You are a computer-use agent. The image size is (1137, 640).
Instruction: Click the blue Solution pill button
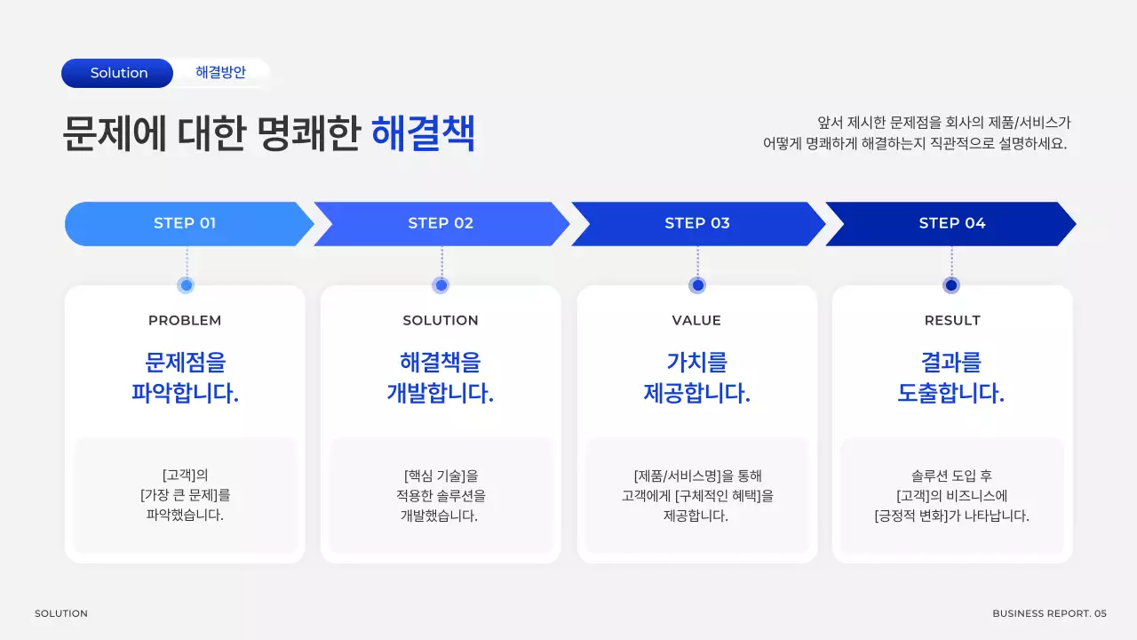(118, 73)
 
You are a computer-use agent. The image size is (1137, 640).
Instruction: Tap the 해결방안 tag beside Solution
(220, 73)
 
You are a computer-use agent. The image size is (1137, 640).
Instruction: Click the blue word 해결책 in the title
(423, 134)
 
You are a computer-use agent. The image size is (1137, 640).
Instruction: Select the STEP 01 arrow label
(185, 223)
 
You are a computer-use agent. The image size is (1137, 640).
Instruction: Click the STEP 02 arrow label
(441, 223)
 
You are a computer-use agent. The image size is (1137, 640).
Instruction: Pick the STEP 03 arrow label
(697, 223)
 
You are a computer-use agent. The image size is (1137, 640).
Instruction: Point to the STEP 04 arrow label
(951, 223)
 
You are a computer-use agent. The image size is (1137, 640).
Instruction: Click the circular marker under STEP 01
(186, 285)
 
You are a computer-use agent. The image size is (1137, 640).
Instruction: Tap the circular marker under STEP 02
(441, 285)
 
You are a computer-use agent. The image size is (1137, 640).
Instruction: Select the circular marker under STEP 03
(697, 285)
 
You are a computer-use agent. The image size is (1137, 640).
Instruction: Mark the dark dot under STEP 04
(951, 285)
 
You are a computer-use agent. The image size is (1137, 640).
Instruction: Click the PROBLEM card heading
(185, 320)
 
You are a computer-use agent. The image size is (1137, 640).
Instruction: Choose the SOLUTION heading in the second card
(441, 320)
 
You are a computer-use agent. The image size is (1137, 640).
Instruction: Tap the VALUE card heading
(696, 320)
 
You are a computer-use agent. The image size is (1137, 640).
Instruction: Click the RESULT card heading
(952, 320)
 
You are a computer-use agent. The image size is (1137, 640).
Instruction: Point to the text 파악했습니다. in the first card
(185, 516)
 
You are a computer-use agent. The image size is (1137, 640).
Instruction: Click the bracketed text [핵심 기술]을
(441, 476)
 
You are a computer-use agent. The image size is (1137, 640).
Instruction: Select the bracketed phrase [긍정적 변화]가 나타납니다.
(951, 516)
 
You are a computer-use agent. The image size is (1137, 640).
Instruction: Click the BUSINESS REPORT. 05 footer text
(1049, 613)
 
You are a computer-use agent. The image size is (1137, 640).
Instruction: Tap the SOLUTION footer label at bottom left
(61, 613)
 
